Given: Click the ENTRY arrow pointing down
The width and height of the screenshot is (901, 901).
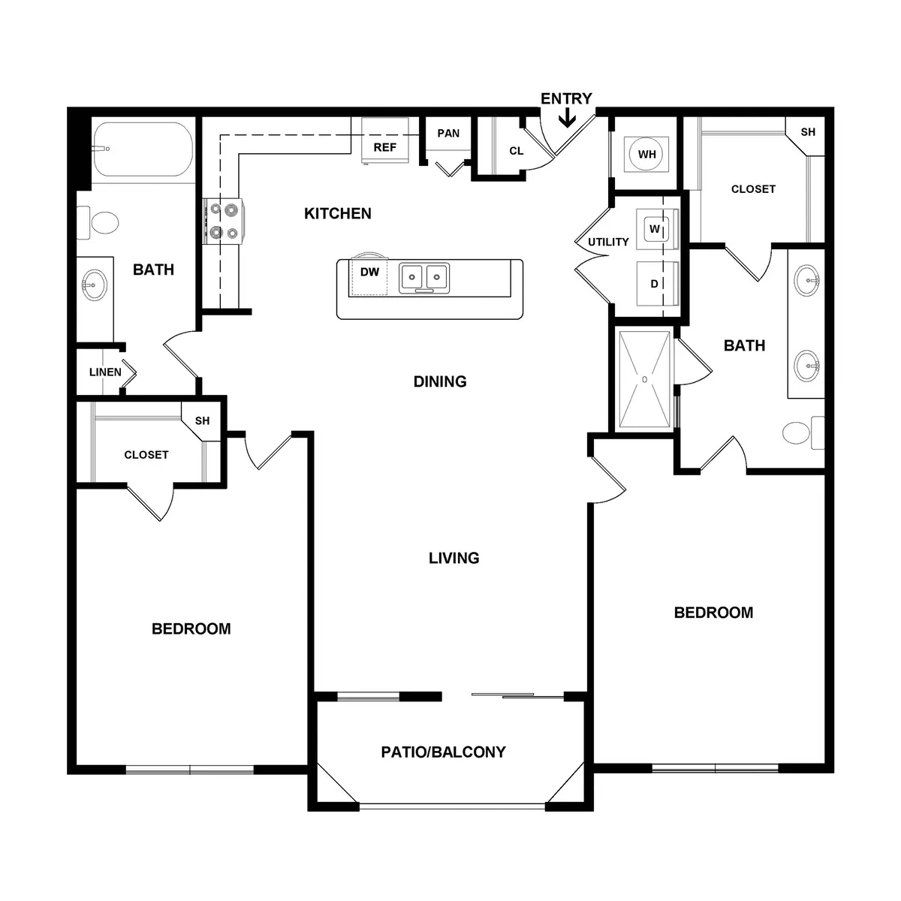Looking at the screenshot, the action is click(x=567, y=117).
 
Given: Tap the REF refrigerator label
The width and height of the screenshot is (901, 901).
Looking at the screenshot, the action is click(x=385, y=147).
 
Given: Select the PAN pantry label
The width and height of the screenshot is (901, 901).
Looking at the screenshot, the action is click(x=448, y=133).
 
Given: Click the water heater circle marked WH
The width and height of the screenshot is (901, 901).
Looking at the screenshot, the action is click(x=646, y=154).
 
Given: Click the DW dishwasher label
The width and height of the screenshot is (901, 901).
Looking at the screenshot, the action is click(x=369, y=272).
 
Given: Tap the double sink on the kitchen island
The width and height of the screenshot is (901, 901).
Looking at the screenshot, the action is click(x=424, y=278).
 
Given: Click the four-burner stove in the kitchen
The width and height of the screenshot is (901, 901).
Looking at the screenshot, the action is click(x=223, y=221).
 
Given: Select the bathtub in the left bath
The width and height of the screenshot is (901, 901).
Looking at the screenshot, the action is click(x=143, y=149).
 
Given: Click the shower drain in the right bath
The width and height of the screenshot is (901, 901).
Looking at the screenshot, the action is click(x=644, y=379).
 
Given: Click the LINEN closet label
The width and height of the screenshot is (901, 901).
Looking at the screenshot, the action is click(x=105, y=372).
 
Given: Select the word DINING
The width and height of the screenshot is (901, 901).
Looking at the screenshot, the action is click(x=440, y=381).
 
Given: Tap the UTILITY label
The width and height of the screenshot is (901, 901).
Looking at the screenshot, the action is click(x=608, y=242).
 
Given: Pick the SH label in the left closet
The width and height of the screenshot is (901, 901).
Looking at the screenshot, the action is click(x=202, y=420).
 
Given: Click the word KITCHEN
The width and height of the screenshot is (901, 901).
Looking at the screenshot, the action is click(x=338, y=214).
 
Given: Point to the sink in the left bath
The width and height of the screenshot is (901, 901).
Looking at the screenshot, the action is click(x=94, y=285).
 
